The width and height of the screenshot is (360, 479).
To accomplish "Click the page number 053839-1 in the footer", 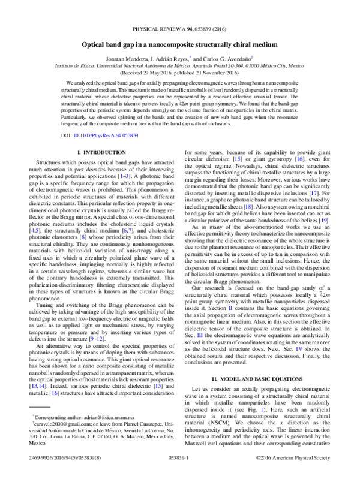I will coord(180,473).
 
